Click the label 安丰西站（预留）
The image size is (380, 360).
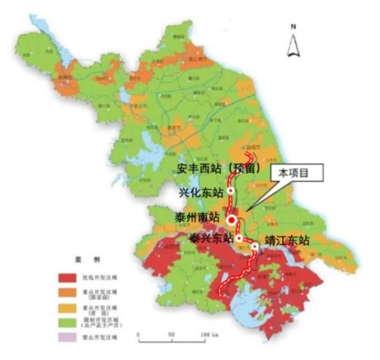218,168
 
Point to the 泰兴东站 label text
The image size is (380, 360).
211,239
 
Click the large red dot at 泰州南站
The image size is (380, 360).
232,220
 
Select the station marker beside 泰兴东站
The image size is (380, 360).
239,239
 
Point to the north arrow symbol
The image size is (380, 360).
294,46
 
